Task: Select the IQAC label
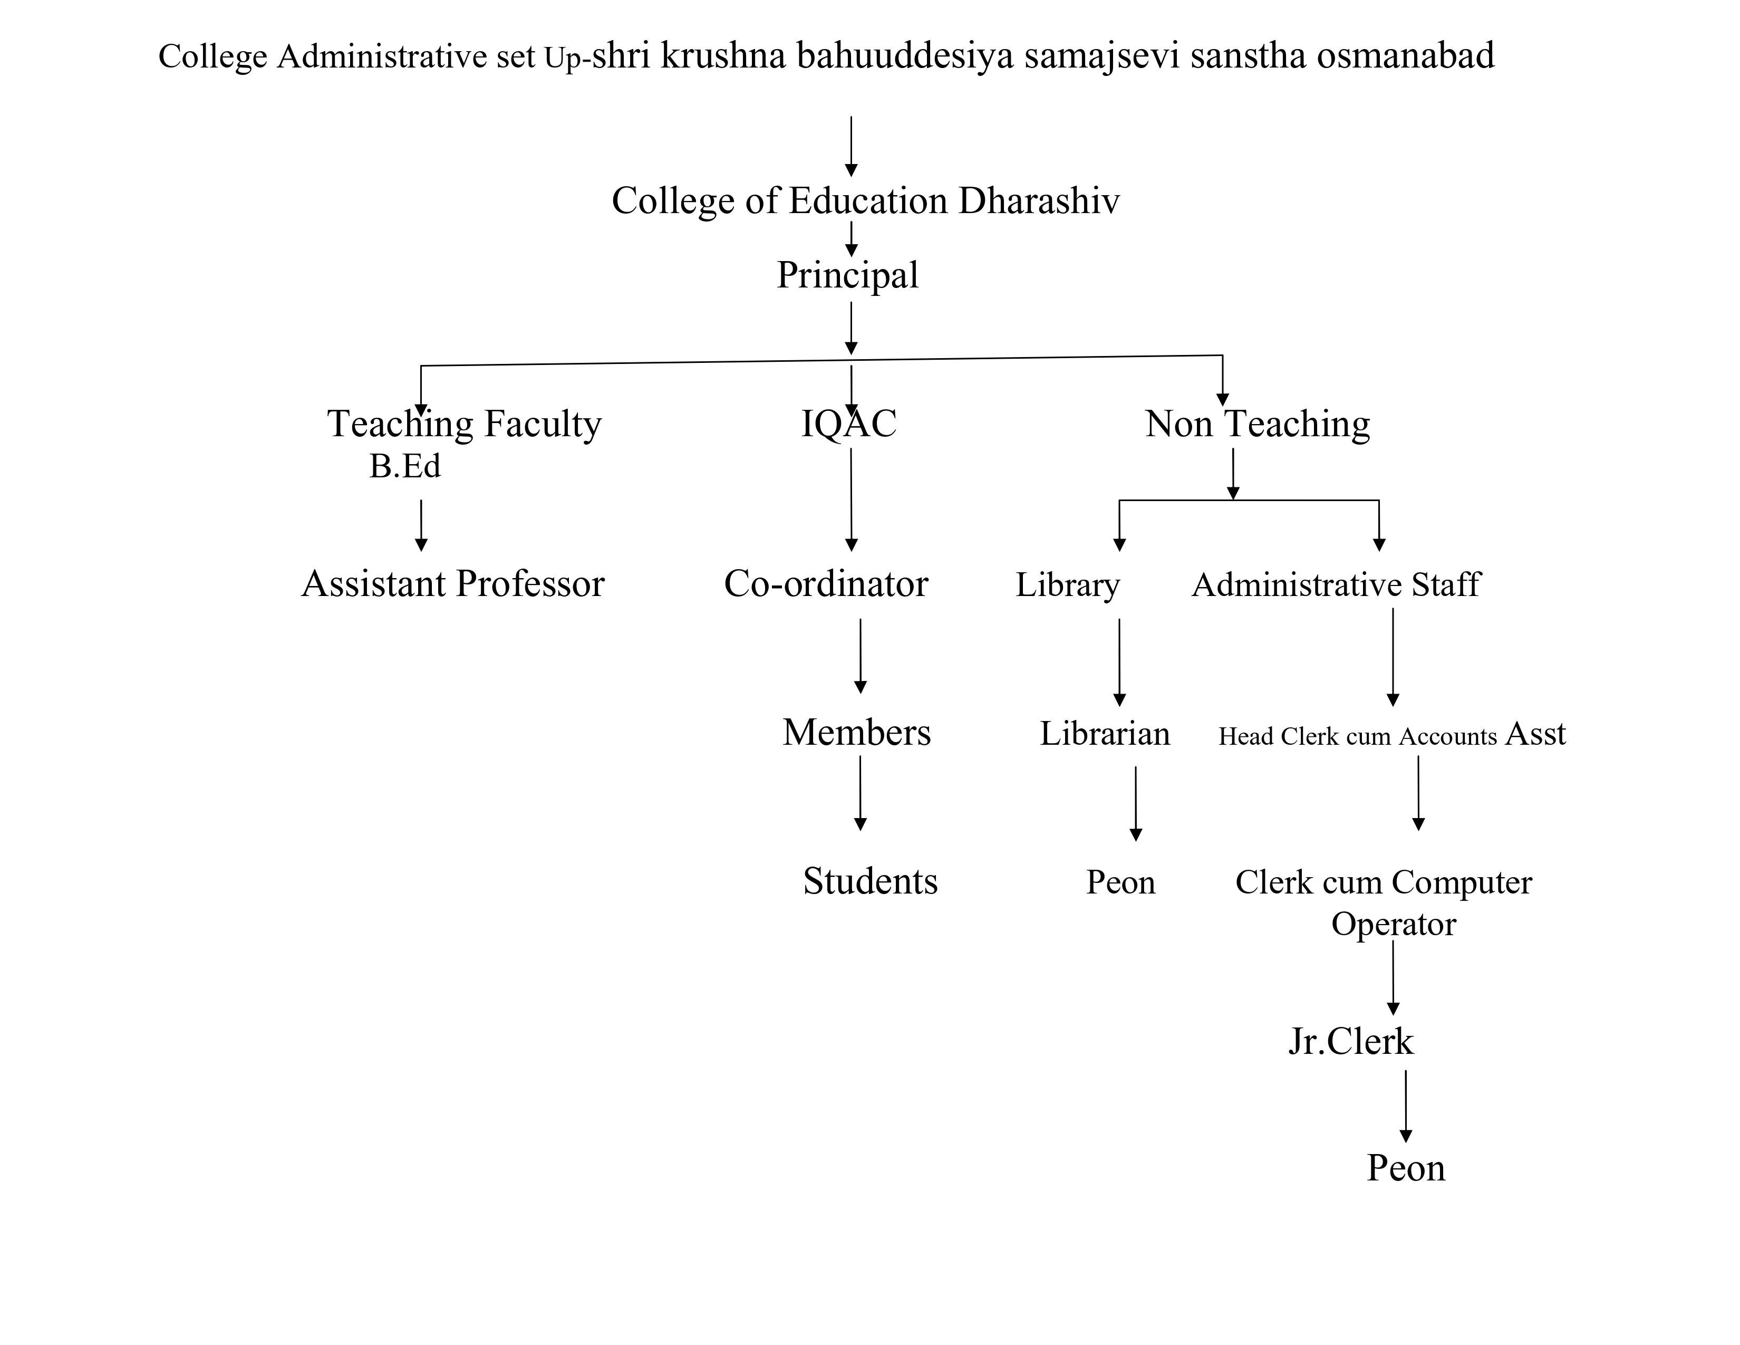pyautogui.click(x=848, y=424)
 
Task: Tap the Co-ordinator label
pyautogui.click(x=825, y=584)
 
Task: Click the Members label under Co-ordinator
pyautogui.click(x=856, y=732)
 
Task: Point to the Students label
pyautogui.click(x=870, y=881)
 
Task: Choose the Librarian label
pyautogui.click(x=1105, y=734)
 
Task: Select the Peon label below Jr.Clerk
pyautogui.click(x=1405, y=1168)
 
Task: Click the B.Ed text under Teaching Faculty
pyautogui.click(x=405, y=467)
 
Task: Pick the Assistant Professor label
pyautogui.click(x=452, y=584)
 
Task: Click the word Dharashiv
pyautogui.click(x=1038, y=201)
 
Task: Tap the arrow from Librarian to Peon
pyautogui.click(x=1135, y=803)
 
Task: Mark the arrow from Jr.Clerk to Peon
pyautogui.click(x=1405, y=1106)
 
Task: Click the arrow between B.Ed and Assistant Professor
pyautogui.click(x=421, y=526)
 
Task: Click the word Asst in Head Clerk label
pyautogui.click(x=1535, y=734)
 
